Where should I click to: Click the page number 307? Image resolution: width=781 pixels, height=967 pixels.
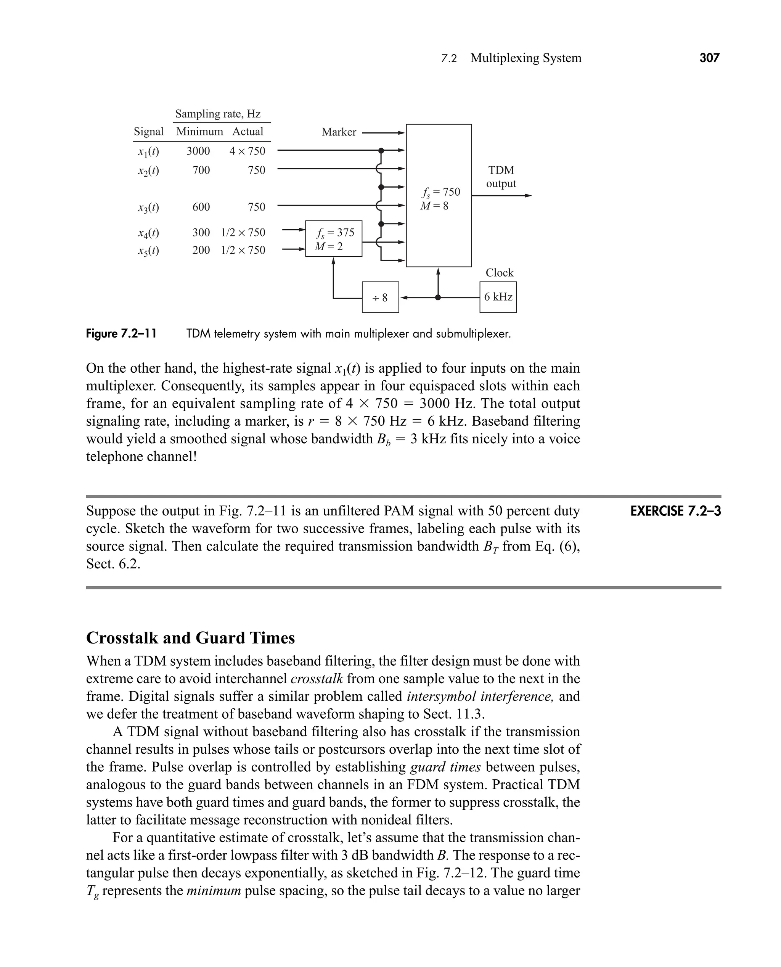pyautogui.click(x=709, y=58)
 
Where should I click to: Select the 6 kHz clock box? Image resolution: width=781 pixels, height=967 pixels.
pyautogui.click(x=498, y=297)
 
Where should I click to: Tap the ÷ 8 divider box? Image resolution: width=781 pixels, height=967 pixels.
pyautogui.click(x=380, y=297)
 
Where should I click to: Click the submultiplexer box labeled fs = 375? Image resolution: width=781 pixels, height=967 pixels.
pyautogui.click(x=333, y=238)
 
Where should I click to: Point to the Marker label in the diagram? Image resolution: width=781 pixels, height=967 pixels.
pyautogui.click(x=339, y=132)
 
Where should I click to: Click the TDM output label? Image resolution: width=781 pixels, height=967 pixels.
pyautogui.click(x=501, y=177)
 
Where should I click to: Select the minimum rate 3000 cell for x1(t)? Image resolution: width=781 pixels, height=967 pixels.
pyautogui.click(x=198, y=151)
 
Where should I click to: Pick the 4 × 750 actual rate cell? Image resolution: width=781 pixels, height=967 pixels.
pyautogui.click(x=247, y=151)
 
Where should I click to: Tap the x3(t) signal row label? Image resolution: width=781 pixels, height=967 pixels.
pyautogui.click(x=148, y=208)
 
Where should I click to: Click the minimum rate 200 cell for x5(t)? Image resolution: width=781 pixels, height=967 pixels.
pyautogui.click(x=201, y=250)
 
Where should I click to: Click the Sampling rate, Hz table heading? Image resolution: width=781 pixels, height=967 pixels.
pyautogui.click(x=218, y=114)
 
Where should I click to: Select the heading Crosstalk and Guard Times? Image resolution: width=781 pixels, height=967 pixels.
pyautogui.click(x=190, y=638)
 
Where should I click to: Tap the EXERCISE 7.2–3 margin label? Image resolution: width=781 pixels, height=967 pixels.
pyautogui.click(x=675, y=511)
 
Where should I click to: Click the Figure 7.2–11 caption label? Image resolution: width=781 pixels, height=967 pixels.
pyautogui.click(x=122, y=334)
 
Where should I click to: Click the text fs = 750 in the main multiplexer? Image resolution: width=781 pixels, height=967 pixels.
pyautogui.click(x=440, y=192)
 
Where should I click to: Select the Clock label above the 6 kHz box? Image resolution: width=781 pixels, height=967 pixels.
pyautogui.click(x=499, y=273)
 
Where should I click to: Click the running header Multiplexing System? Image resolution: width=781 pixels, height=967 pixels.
pyautogui.click(x=525, y=58)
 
